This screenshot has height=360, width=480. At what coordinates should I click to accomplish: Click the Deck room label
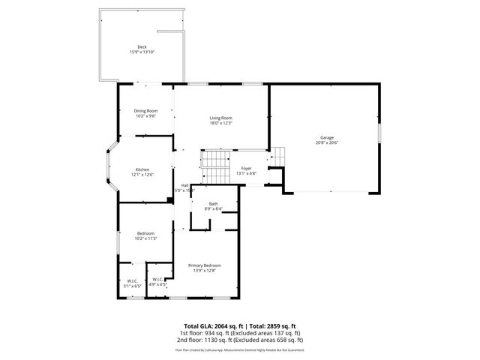tap(142, 46)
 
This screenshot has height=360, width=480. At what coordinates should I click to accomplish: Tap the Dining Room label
tap(145, 111)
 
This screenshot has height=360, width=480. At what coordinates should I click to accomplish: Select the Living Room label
tap(220, 118)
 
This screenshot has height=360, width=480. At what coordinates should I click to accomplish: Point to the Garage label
tap(327, 137)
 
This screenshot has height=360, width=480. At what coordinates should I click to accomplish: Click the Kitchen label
tap(142, 170)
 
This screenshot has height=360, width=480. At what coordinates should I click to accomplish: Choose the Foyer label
tap(245, 169)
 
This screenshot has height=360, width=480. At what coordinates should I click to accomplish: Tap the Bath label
tap(213, 204)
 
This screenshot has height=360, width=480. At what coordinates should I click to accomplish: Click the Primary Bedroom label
tap(205, 265)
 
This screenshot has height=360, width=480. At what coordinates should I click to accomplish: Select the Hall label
tap(184, 185)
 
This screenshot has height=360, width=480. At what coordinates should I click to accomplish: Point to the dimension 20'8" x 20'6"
tap(327, 142)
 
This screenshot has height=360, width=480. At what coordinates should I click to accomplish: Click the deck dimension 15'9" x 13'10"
tap(142, 52)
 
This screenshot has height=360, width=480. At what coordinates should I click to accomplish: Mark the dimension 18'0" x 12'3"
tap(220, 123)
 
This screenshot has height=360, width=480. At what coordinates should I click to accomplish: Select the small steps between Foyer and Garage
tap(277, 157)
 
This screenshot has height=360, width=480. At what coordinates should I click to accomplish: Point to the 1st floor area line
tap(239, 333)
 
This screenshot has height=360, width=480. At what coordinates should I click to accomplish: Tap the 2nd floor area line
tap(239, 340)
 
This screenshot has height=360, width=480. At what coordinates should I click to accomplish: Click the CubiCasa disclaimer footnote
tap(239, 349)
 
